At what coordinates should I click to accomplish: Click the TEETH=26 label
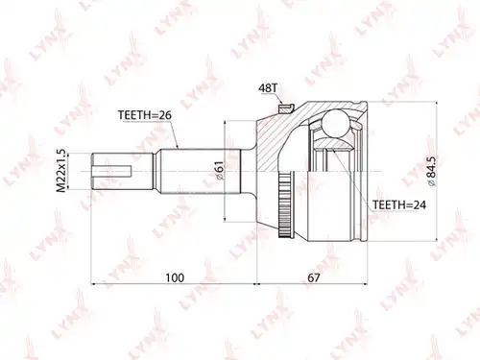click(145, 115)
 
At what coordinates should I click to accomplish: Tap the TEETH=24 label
click(399, 204)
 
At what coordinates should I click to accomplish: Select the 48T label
click(268, 88)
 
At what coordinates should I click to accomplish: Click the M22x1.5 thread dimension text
click(60, 171)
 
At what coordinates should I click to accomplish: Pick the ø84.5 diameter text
click(432, 171)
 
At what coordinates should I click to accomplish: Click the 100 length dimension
click(175, 277)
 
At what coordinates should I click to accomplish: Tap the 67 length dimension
click(314, 277)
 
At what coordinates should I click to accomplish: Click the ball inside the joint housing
click(335, 123)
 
